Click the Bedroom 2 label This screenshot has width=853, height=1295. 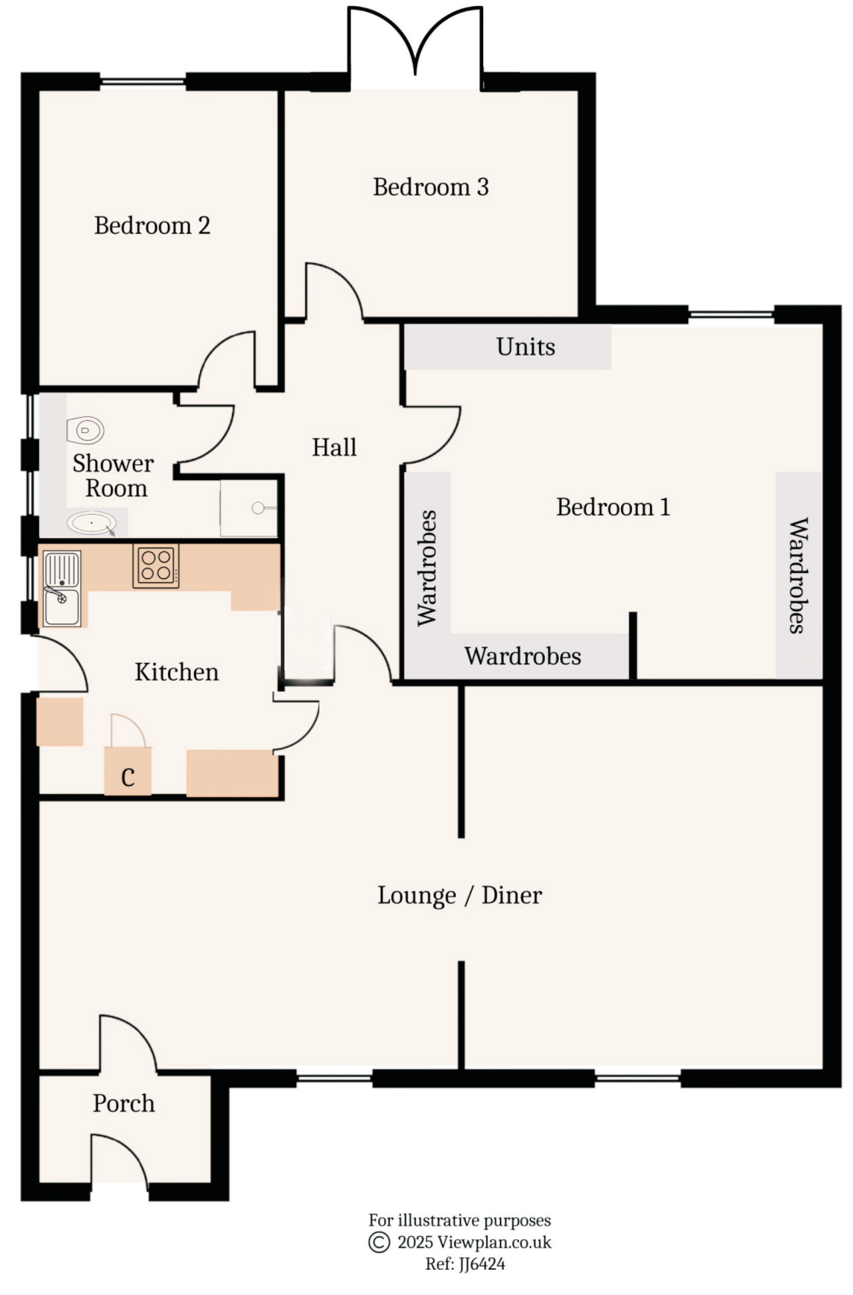pos(152,225)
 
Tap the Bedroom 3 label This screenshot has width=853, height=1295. pos(431,187)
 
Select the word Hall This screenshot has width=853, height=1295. pos(334,447)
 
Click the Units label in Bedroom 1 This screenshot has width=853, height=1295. pos(525,346)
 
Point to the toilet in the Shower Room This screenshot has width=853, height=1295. pos(85,430)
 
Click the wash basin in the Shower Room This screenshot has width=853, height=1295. pos(91,522)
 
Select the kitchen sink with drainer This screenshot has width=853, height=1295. pos(62,589)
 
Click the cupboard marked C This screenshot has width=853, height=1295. pos(128,777)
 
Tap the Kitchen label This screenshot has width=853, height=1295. pos(177,672)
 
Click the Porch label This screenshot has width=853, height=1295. pos(124,1103)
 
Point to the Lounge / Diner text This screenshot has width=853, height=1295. pos(459,895)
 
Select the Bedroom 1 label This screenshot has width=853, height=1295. pos(612,507)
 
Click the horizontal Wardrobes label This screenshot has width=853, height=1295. pos(522,656)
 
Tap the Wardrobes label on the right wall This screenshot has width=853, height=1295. pos(798,575)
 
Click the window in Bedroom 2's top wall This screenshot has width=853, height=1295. pos(143,82)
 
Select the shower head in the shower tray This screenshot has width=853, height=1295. pos(258,508)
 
